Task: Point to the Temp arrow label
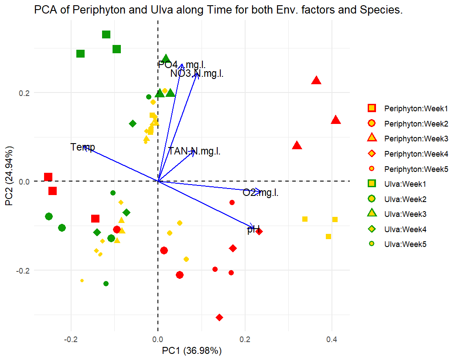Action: pyautogui.click(x=82, y=147)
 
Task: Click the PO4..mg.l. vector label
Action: pyautogui.click(x=182, y=65)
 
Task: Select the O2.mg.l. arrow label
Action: pyautogui.click(x=260, y=192)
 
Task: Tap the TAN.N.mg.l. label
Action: pyautogui.click(x=194, y=151)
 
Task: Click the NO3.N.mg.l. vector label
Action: pyautogui.click(x=197, y=74)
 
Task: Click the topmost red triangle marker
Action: pyautogui.click(x=316, y=80)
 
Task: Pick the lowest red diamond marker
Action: pyautogui.click(x=219, y=317)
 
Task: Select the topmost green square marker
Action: pyautogui.click(x=106, y=34)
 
